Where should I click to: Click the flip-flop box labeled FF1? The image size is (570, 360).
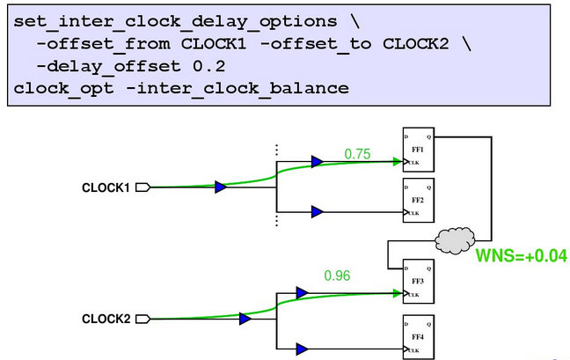[417, 152]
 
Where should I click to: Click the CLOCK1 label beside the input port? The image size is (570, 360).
[106, 187]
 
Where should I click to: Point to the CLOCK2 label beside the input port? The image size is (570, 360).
[106, 319]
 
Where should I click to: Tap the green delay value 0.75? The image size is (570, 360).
[357, 154]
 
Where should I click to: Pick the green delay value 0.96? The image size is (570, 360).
[338, 276]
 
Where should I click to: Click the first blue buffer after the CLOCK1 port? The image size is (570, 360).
[221, 187]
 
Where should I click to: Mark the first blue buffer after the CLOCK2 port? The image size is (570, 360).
[245, 319]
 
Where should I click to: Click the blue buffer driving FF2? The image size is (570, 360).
[317, 212]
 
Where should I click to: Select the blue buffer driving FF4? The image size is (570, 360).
[303, 349]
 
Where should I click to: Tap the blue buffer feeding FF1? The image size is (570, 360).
[317, 162]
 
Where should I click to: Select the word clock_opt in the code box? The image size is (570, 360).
[50, 87]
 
